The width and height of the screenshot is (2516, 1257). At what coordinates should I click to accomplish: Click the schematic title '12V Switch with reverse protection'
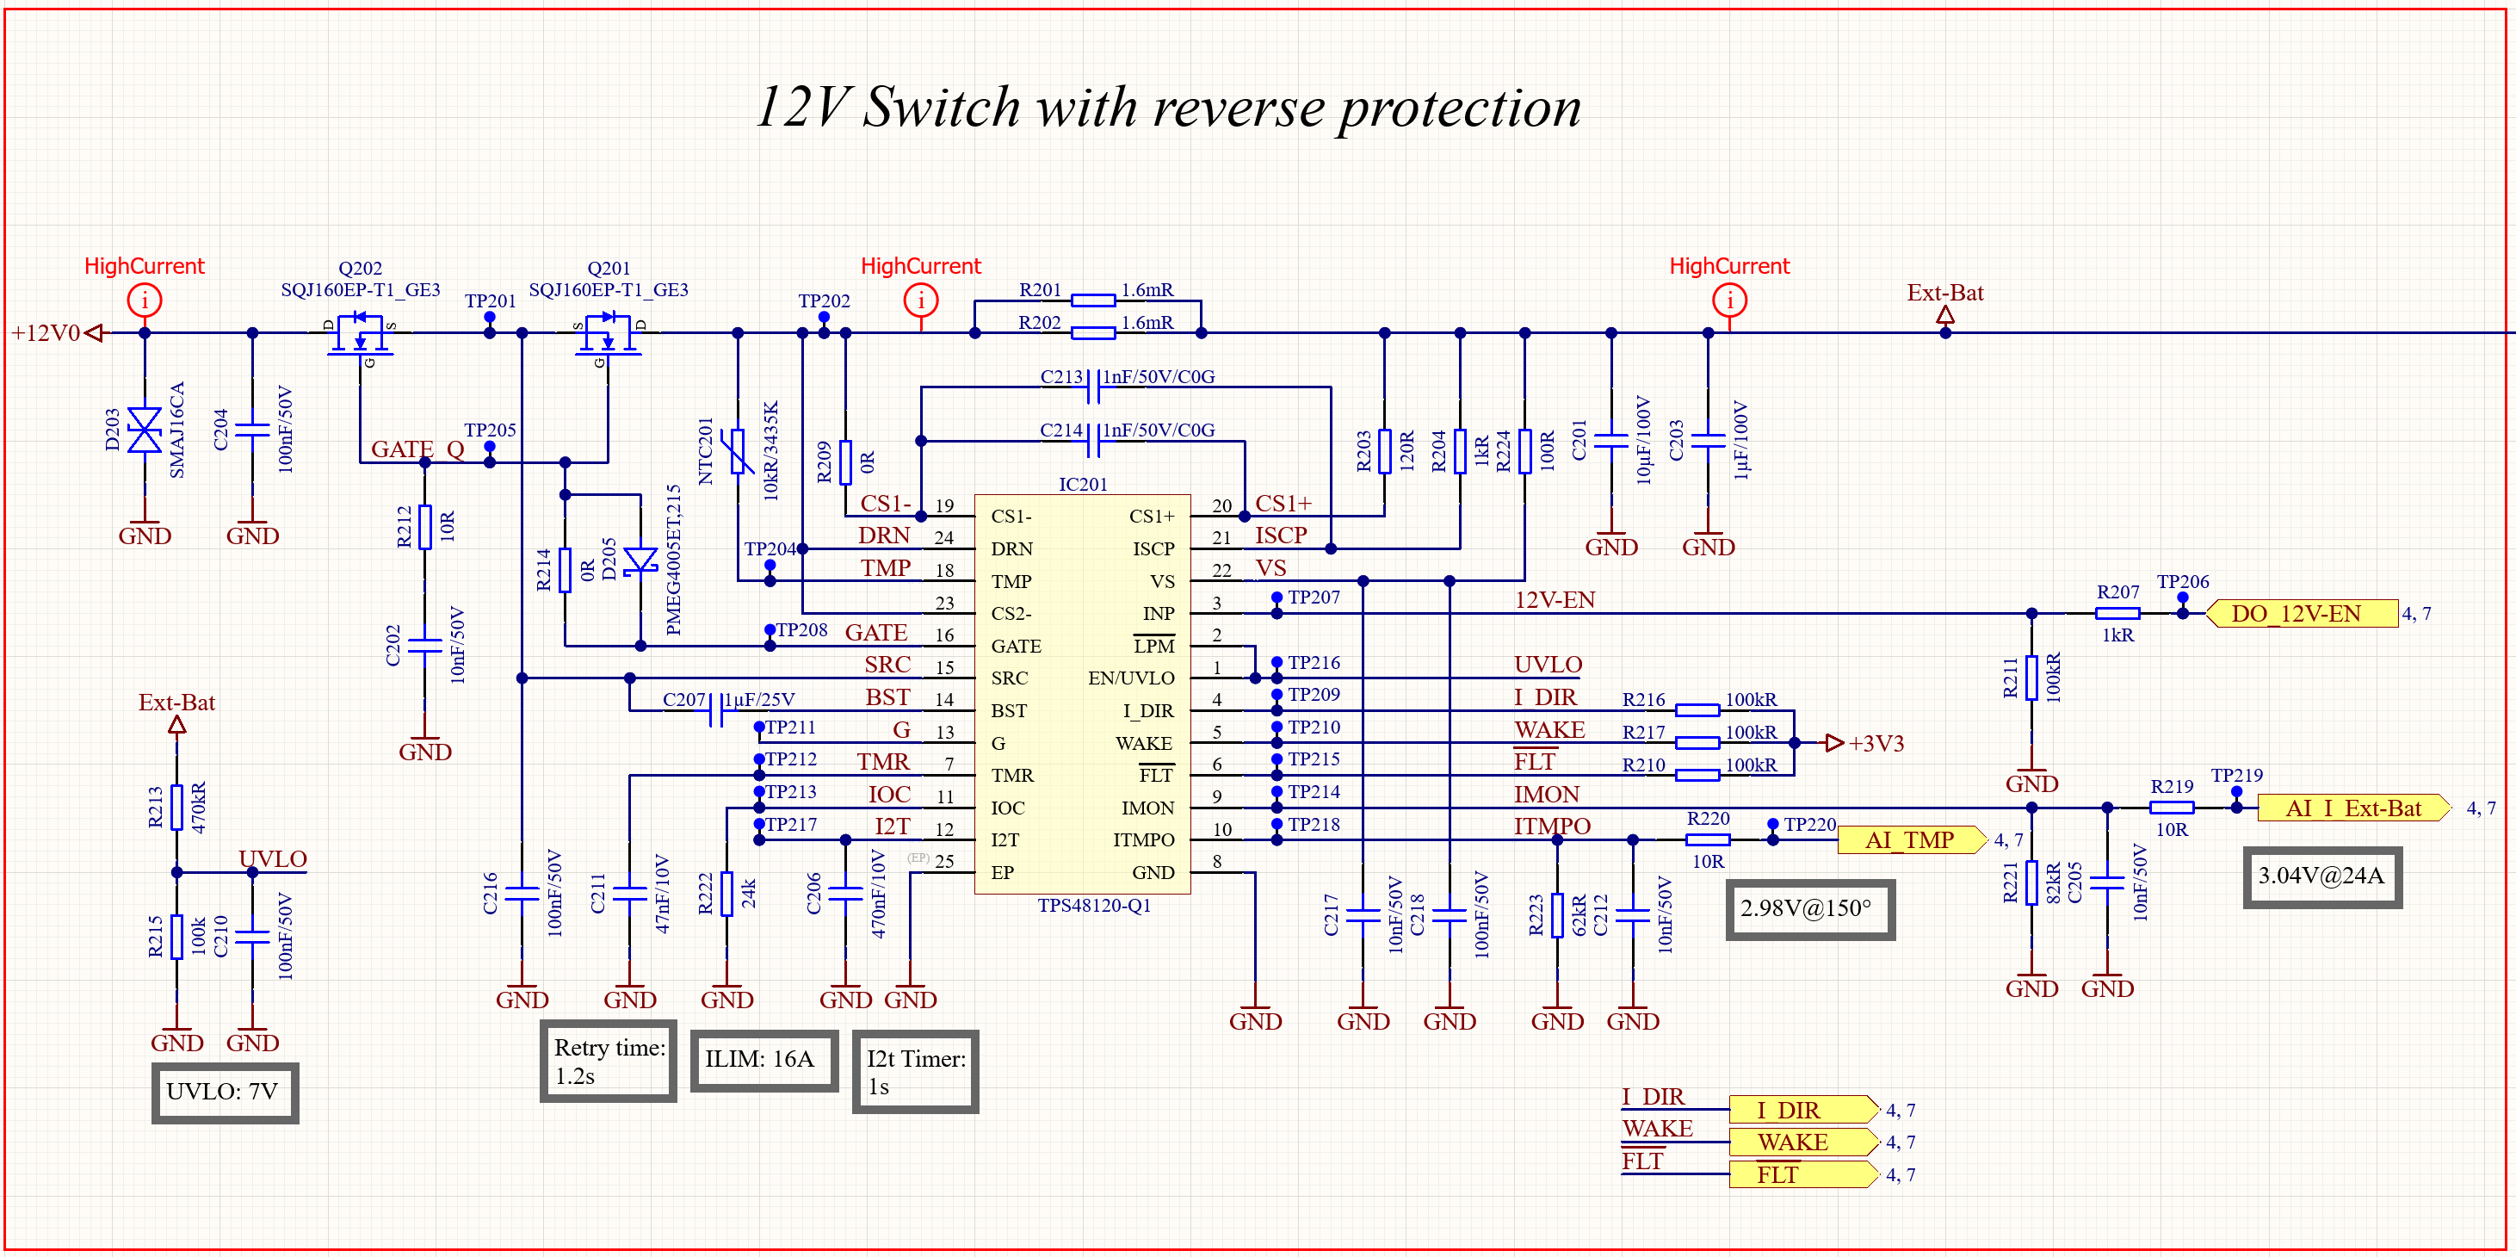pos(1168,107)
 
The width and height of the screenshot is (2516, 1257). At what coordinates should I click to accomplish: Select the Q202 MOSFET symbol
pos(360,334)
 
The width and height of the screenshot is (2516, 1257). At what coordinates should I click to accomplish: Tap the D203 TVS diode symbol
pos(145,430)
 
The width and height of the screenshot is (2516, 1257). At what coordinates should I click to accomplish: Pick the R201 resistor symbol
pos(1092,300)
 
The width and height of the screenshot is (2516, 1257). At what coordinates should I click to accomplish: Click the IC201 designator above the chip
pos(1082,485)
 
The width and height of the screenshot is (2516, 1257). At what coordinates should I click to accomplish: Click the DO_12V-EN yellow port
pos(2300,613)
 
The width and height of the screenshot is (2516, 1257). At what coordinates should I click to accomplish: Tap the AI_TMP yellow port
pos(1910,840)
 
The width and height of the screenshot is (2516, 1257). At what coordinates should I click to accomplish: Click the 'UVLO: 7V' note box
pos(224,1092)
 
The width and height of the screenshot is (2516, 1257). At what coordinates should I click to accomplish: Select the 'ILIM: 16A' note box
pos(763,1060)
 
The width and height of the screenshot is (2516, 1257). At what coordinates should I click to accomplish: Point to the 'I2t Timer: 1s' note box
pos(914,1071)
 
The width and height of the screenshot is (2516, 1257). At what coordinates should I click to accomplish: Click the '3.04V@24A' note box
pos(2321,876)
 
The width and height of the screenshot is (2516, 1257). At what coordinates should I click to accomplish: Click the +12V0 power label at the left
pos(46,333)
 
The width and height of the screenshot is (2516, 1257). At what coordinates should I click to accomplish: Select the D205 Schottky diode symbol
pos(640,560)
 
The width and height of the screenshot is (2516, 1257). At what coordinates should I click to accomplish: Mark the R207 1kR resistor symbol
pos(2117,613)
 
